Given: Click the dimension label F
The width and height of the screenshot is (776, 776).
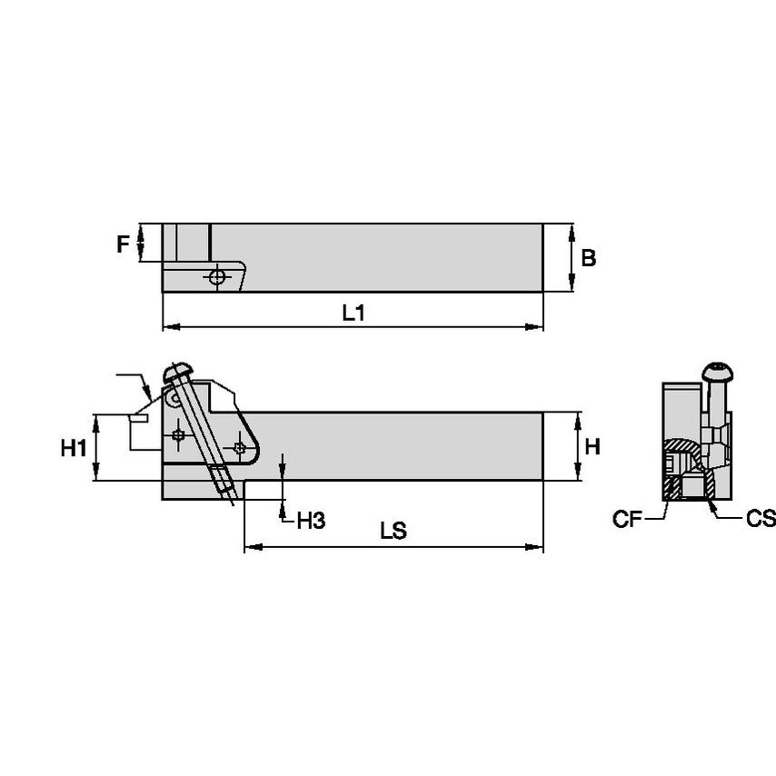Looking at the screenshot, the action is pyautogui.click(x=123, y=244).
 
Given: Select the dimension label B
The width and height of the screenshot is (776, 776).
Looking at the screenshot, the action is pyautogui.click(x=589, y=258).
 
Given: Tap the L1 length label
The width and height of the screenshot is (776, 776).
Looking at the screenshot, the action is pyautogui.click(x=353, y=313).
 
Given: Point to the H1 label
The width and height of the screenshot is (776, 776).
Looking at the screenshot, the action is pyautogui.click(x=74, y=448).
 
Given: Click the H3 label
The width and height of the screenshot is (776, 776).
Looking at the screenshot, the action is pyautogui.click(x=311, y=521).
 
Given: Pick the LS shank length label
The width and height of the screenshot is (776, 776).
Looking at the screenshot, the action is pyautogui.click(x=393, y=531).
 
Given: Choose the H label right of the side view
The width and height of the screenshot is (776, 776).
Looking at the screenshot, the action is pyautogui.click(x=592, y=446).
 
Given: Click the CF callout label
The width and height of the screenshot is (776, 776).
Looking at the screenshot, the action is pyautogui.click(x=627, y=519).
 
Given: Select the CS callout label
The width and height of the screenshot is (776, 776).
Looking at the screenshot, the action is pyautogui.click(x=761, y=518).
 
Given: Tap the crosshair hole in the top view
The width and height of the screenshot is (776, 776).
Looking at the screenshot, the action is pyautogui.click(x=217, y=277).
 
